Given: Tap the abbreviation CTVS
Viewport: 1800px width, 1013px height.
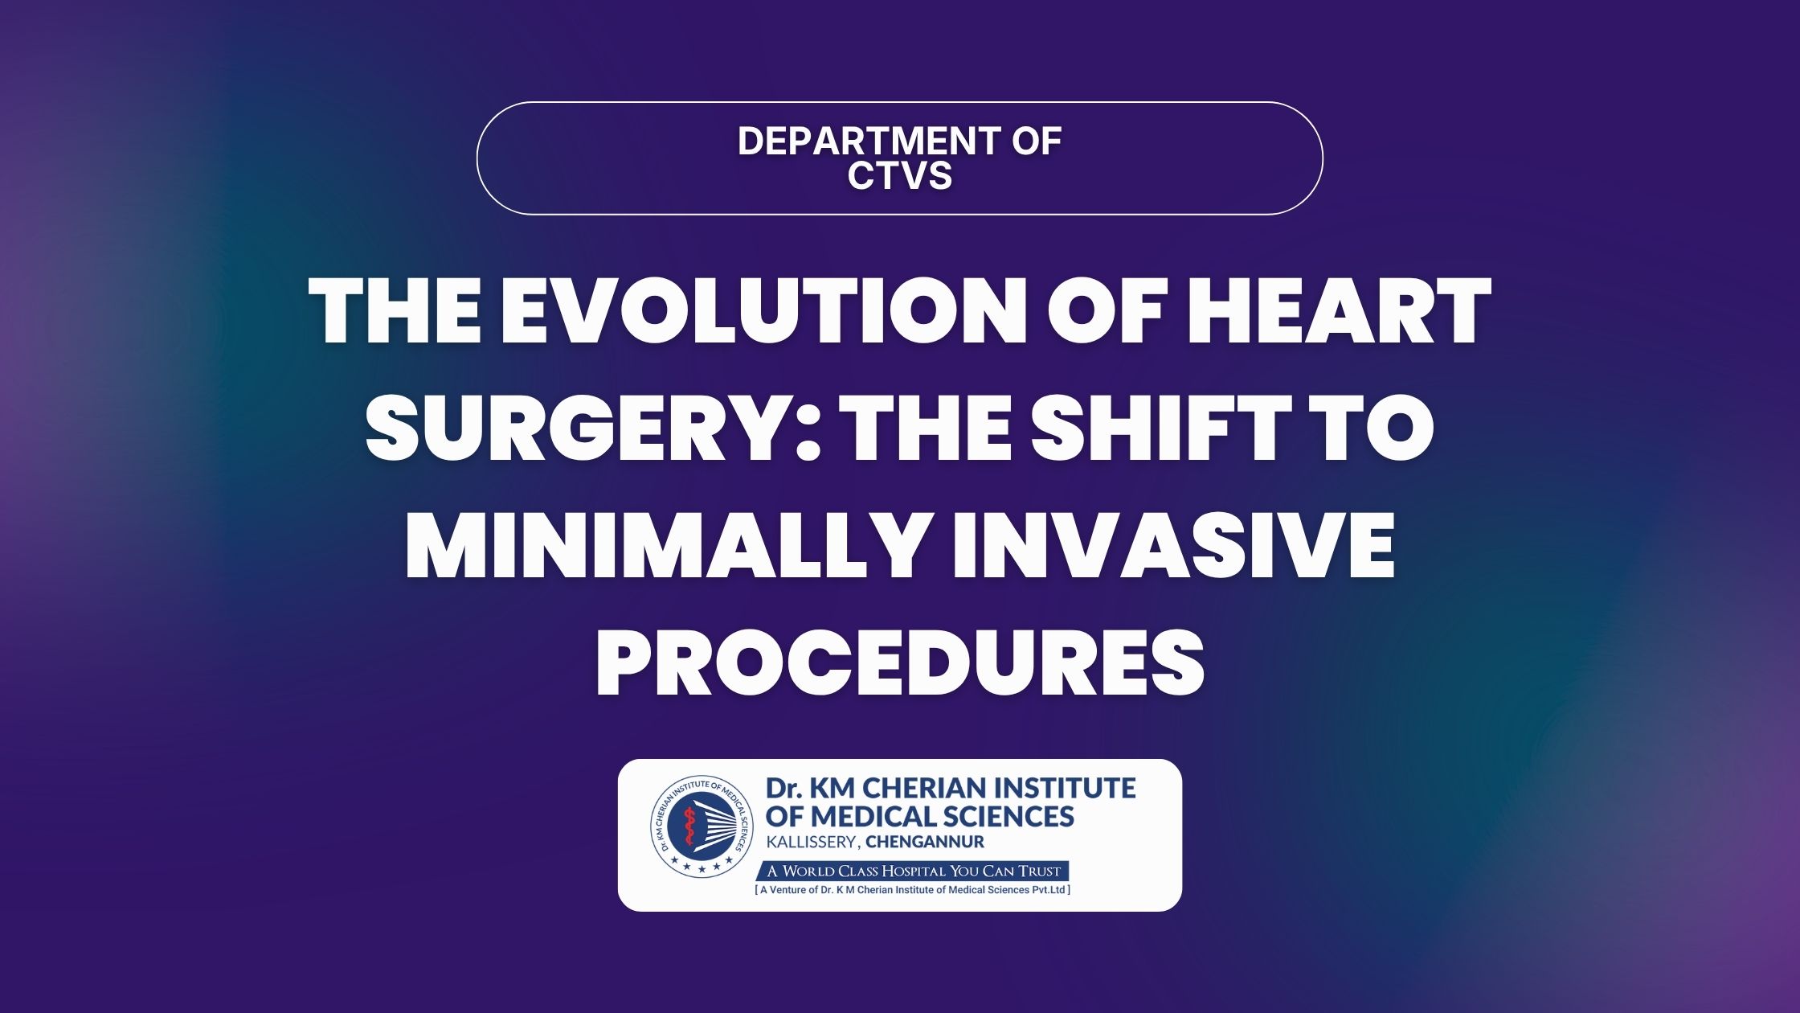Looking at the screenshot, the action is pyautogui.click(x=900, y=175).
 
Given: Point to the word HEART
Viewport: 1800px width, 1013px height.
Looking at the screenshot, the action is pyautogui.click(x=1339, y=311).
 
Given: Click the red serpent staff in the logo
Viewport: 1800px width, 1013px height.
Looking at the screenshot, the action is pyautogui.click(x=689, y=831).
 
